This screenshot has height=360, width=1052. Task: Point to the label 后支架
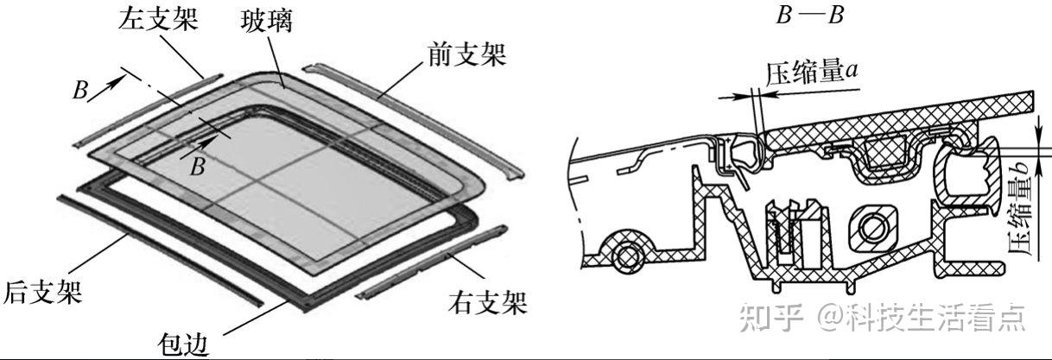coord(43,290)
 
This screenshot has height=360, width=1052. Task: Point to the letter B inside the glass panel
coord(198,167)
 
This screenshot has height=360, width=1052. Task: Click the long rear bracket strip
coord(156,246)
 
